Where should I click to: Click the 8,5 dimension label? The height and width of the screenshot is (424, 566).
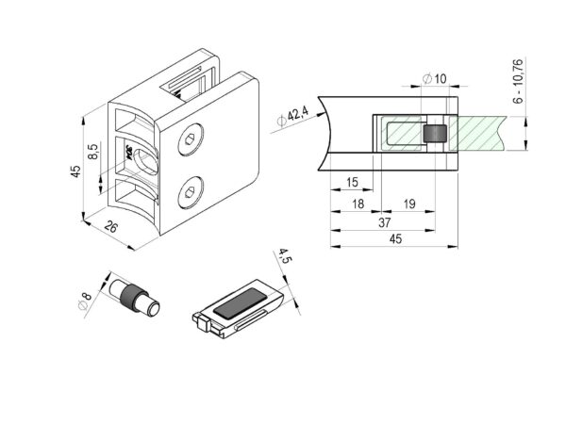(x=93, y=152)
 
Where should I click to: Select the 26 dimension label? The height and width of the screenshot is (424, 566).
(x=110, y=227)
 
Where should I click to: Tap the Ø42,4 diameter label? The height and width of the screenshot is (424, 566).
(x=292, y=117)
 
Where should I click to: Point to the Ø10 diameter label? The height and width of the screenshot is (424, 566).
(x=435, y=78)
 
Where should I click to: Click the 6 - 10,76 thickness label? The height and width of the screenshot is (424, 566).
(x=518, y=81)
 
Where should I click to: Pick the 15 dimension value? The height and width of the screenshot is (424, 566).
(x=352, y=182)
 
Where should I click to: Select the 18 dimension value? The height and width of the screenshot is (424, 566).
(x=358, y=204)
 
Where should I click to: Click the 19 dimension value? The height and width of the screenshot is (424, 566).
(x=409, y=204)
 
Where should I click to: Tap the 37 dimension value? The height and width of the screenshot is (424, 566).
(x=385, y=222)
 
